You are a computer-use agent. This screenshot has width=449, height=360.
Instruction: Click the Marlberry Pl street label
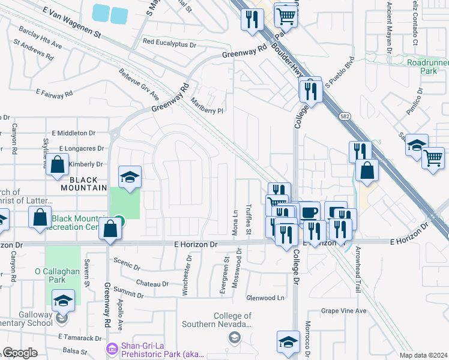tap(206, 106)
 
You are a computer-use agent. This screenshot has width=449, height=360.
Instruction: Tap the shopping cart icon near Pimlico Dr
tap(433, 158)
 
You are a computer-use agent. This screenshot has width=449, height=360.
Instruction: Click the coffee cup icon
tap(310, 212)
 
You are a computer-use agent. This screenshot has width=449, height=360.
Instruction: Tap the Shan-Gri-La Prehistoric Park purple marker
tap(111, 349)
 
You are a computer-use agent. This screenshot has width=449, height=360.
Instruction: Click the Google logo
tap(20, 353)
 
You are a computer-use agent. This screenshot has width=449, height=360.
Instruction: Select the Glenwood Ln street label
tap(265, 298)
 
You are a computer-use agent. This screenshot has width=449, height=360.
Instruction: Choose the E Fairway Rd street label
tap(54, 94)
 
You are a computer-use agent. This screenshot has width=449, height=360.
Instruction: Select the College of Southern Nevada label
tap(232, 320)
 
